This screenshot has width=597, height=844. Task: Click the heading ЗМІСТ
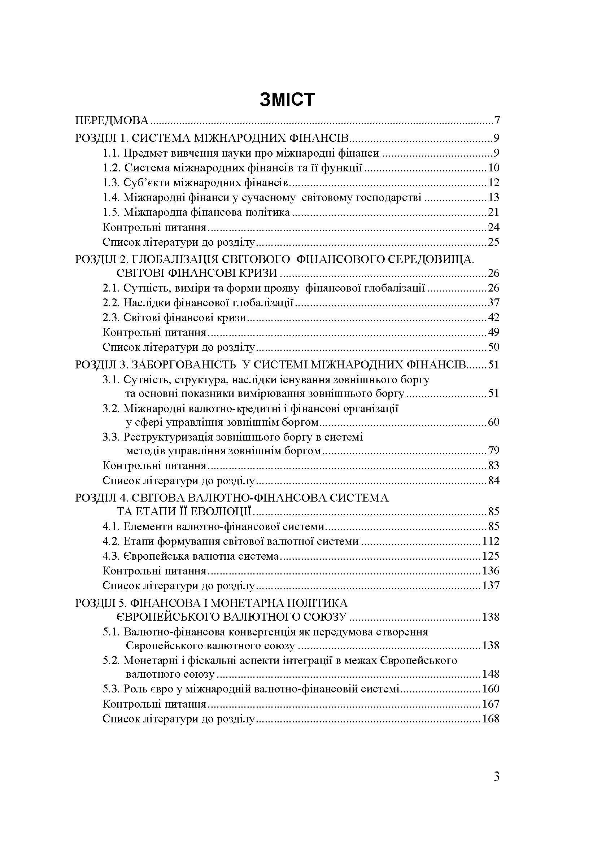(x=287, y=100)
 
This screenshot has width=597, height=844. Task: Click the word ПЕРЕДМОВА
(x=112, y=121)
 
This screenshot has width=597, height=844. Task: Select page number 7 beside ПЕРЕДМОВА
(x=497, y=121)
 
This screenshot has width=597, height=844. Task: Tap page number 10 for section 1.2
(x=493, y=168)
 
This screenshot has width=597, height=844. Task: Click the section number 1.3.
(x=112, y=183)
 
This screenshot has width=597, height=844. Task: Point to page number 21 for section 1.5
(x=493, y=213)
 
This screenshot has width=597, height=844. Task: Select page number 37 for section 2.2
(x=493, y=303)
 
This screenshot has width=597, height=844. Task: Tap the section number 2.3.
(x=112, y=318)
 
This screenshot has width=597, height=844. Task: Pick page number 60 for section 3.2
(x=493, y=422)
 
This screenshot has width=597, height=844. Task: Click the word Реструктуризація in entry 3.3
(x=168, y=437)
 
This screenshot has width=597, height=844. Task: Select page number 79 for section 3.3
(x=493, y=451)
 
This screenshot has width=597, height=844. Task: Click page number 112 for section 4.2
(x=491, y=541)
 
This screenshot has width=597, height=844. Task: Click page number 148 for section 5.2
(x=491, y=674)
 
